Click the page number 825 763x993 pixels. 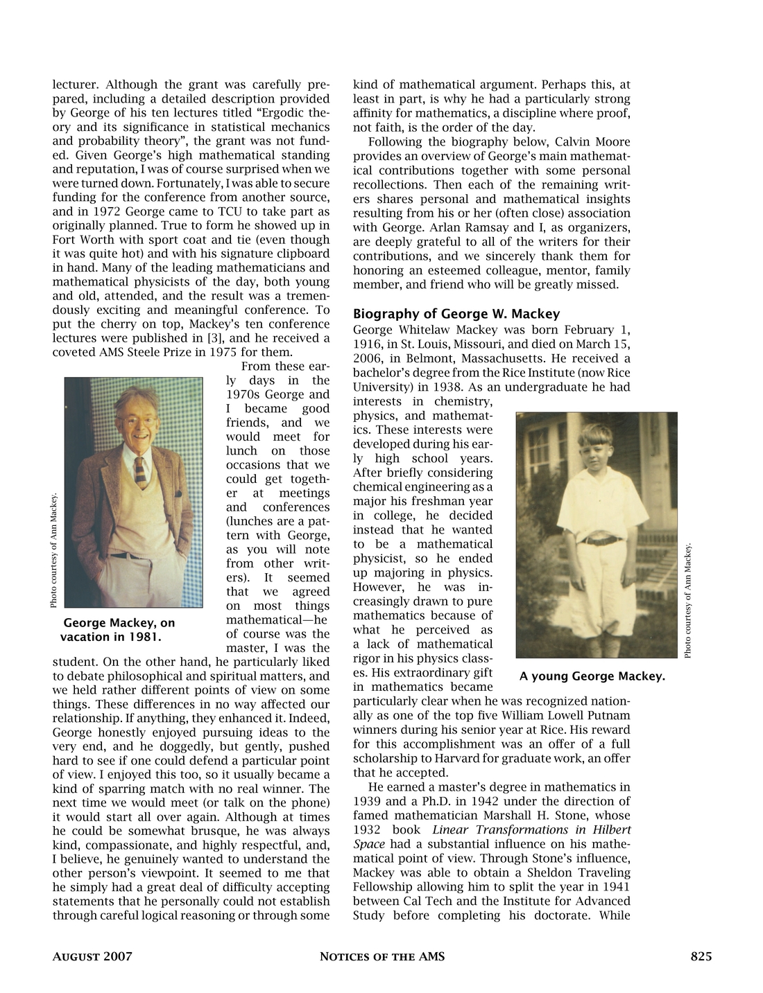tap(701, 957)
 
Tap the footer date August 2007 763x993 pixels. tap(92, 957)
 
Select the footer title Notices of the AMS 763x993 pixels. tap(381, 957)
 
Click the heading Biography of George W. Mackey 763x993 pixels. tap(456, 314)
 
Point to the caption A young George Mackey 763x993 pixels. tap(592, 676)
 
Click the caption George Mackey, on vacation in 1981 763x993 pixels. tap(119, 630)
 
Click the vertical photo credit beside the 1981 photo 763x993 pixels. tap(53, 550)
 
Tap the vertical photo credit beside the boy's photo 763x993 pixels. tap(687, 600)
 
